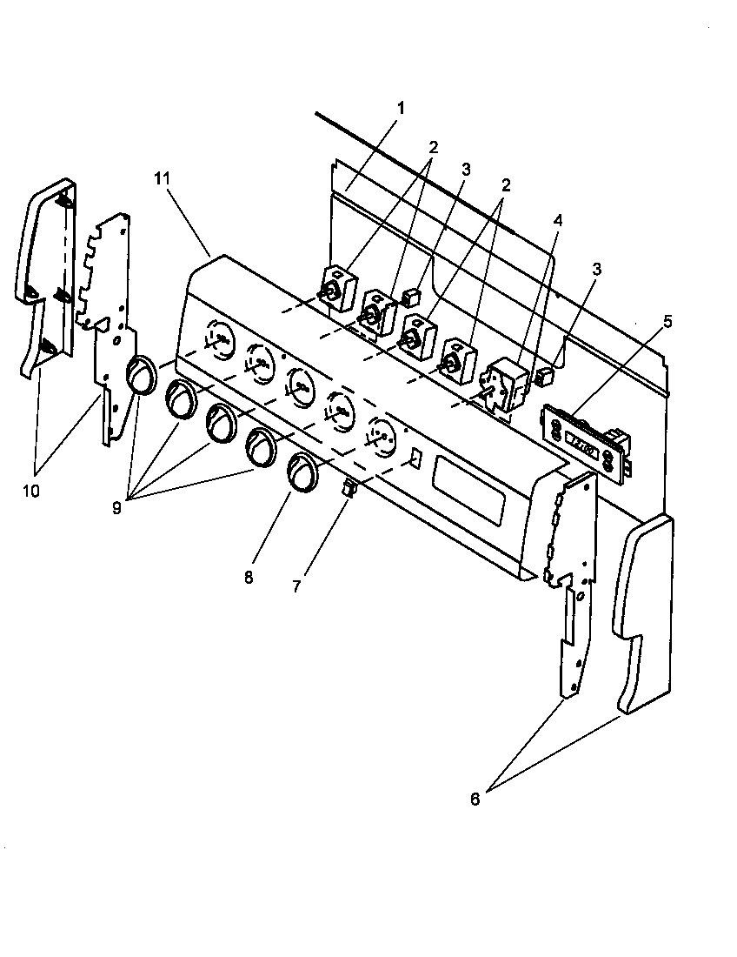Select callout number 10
click(30, 491)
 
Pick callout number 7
click(297, 586)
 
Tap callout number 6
click(475, 800)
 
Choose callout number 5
click(667, 320)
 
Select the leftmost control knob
click(139, 377)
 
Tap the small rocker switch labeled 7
click(349, 491)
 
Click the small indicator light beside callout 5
click(546, 377)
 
